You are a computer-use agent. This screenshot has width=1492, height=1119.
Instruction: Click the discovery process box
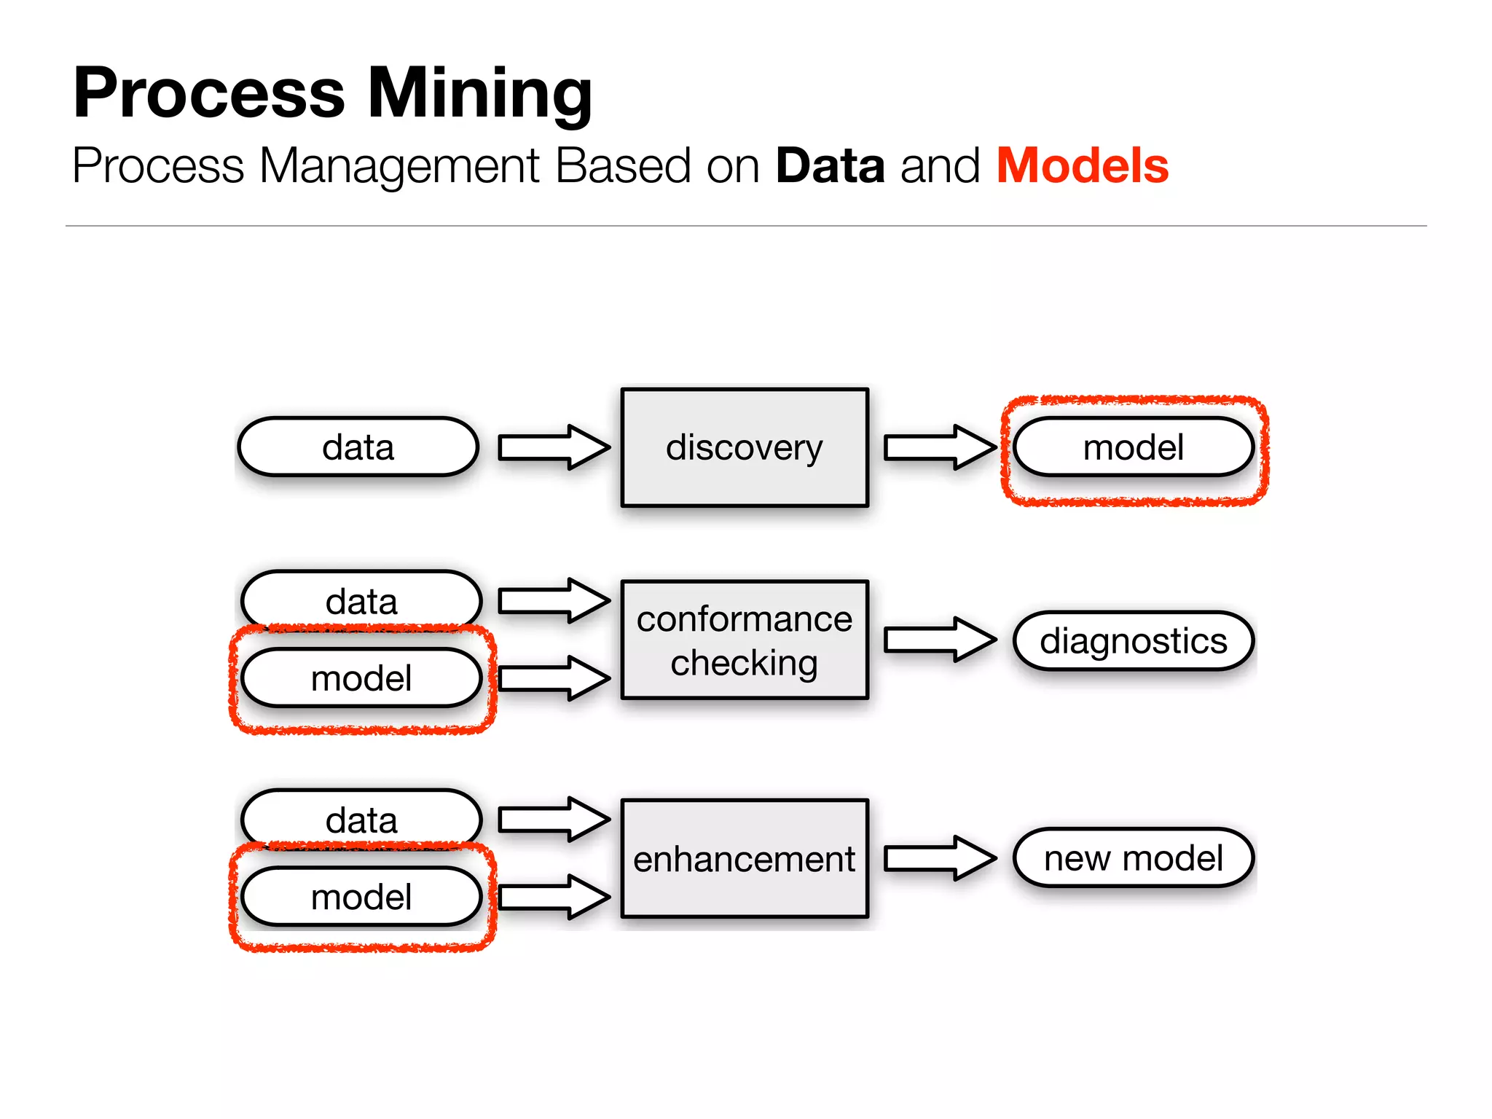click(744, 447)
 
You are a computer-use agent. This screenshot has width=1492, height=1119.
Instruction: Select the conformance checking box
click(744, 640)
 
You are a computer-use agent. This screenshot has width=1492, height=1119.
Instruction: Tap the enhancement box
click(744, 858)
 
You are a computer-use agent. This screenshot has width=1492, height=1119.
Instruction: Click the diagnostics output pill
click(1133, 641)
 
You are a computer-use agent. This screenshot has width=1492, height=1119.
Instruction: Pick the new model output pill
click(1133, 858)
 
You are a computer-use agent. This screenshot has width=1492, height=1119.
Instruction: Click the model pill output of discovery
click(1133, 447)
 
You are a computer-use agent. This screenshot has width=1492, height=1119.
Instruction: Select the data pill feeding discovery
click(358, 447)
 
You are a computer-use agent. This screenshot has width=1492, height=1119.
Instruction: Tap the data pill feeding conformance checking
click(361, 600)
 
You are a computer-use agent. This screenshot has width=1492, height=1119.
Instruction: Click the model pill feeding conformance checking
click(361, 678)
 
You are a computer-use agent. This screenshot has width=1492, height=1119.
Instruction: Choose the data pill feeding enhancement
click(361, 819)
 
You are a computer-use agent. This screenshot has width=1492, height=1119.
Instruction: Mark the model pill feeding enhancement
click(361, 897)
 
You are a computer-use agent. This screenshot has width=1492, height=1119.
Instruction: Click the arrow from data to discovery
click(554, 447)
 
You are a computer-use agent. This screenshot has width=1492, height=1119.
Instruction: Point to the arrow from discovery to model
click(939, 447)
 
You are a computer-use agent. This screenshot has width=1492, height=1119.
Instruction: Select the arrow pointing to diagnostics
click(939, 640)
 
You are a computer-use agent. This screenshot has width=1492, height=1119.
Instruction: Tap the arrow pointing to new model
click(939, 858)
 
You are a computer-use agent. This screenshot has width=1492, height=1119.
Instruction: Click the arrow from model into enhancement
click(554, 897)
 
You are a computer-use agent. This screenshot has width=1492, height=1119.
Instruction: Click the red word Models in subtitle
click(1082, 166)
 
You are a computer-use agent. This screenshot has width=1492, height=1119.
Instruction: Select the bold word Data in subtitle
click(830, 166)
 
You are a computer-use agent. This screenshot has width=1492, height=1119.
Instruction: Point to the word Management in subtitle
click(399, 166)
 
